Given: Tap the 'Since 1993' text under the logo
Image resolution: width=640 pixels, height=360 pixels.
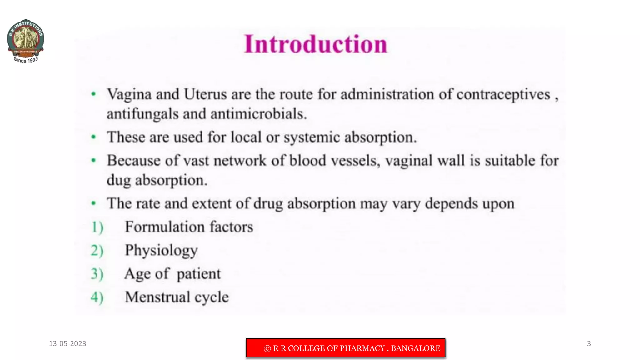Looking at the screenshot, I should coord(26,60).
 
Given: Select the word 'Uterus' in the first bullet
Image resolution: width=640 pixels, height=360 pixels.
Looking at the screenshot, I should coord(205,94).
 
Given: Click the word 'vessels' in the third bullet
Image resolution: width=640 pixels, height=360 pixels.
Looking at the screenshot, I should coord(355,161).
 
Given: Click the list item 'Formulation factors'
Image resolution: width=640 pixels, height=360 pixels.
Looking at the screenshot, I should coord(189,227).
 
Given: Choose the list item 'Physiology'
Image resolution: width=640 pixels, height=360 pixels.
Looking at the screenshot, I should coord(161,251).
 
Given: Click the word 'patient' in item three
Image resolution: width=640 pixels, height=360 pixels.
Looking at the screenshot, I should coord(198,274).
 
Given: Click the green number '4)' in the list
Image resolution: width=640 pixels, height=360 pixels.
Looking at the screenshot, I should coord(97,297).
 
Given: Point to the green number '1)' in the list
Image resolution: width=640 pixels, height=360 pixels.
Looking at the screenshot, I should coord(97,227).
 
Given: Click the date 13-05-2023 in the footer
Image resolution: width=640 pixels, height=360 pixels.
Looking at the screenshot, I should coord(67,344).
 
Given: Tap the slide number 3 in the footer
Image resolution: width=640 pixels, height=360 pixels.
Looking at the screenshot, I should coord(589,344).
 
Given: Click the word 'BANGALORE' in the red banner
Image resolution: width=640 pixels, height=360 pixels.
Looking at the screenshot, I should coord(415,348).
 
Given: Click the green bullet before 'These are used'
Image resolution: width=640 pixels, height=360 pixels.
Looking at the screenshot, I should coord(93,137).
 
